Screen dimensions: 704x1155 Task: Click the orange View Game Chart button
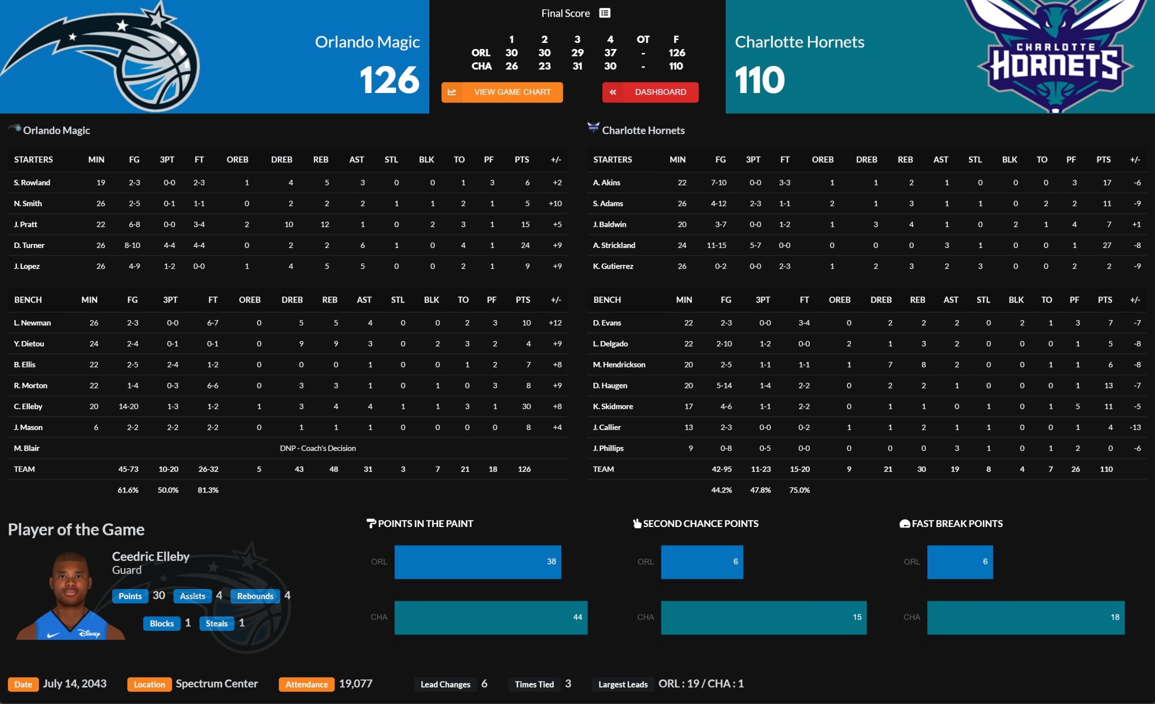click(x=502, y=92)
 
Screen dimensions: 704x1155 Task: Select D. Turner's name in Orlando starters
click(x=29, y=245)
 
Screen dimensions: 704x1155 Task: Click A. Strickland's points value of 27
click(x=1106, y=245)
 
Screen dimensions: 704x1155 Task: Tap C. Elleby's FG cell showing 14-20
click(x=129, y=406)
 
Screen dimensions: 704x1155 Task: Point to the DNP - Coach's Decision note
click(x=318, y=448)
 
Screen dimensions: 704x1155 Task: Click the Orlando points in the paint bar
click(x=477, y=561)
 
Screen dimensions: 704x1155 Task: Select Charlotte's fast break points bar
click(x=1025, y=617)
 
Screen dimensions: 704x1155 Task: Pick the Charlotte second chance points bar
click(x=763, y=617)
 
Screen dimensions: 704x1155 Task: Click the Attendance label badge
click(x=306, y=684)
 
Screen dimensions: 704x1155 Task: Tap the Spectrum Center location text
click(x=217, y=684)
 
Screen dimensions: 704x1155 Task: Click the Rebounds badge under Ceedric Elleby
click(x=255, y=596)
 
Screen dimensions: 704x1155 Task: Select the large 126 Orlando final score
click(x=389, y=79)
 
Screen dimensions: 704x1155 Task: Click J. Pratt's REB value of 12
click(x=325, y=224)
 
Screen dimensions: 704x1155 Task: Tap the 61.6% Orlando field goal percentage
click(x=128, y=490)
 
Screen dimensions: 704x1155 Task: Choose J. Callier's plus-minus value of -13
click(x=1135, y=427)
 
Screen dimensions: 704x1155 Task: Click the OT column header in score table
click(x=643, y=39)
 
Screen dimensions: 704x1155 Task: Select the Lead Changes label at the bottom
click(x=445, y=684)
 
